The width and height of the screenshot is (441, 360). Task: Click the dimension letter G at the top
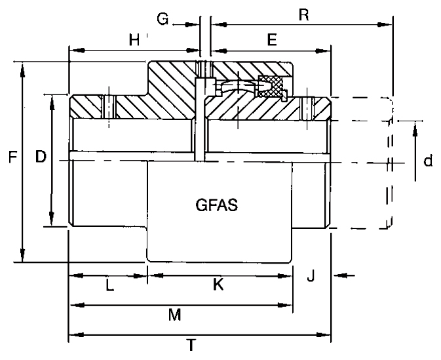163,19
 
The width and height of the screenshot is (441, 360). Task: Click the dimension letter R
304,14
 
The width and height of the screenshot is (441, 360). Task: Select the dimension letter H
134,40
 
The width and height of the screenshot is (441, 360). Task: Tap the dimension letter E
272,39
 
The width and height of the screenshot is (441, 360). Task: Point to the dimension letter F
13,157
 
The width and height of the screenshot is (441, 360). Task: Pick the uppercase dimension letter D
41,157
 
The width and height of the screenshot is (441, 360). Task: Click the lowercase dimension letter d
428,161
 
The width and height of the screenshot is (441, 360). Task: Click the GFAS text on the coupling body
216,205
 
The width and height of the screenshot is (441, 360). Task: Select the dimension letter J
311,275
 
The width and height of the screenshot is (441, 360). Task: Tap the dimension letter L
109,286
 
